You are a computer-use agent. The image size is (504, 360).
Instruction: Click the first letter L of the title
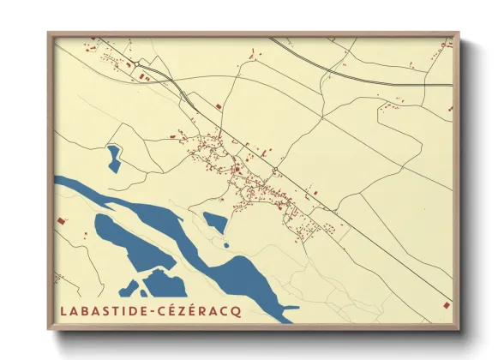pos(64,309)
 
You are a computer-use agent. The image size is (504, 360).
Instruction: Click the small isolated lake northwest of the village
pos(113,158)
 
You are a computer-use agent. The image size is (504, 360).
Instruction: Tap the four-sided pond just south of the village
pos(216,223)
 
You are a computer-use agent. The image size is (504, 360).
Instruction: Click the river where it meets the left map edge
pos(57,182)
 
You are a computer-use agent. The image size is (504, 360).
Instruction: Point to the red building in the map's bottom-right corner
pos(444,304)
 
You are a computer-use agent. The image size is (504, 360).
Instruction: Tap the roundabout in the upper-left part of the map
pos(137,63)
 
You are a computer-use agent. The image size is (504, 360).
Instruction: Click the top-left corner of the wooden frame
pos(48,33)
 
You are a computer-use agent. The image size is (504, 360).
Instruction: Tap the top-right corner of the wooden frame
pos(459,33)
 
